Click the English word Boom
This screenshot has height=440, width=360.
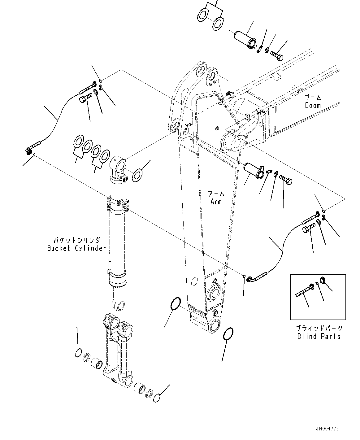click(313, 105)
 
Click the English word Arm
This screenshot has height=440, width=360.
click(216, 202)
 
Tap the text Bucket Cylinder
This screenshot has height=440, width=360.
click(76, 248)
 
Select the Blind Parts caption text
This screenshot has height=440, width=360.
click(319, 336)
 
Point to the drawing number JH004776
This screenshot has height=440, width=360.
click(327, 429)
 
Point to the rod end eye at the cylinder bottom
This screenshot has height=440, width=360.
click(119, 305)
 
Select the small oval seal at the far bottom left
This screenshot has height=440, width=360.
click(79, 353)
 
